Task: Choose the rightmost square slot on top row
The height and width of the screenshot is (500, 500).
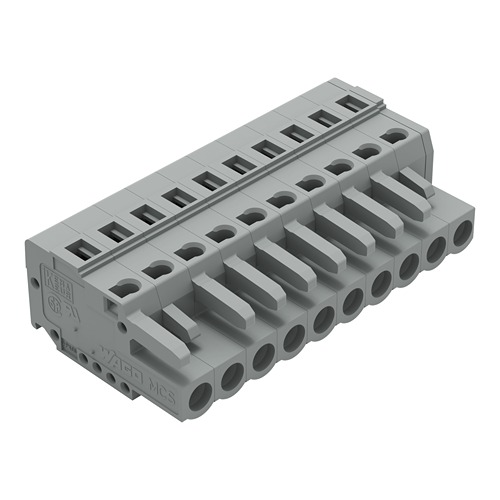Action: pos(349,102)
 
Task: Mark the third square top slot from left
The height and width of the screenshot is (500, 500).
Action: pos(142,211)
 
